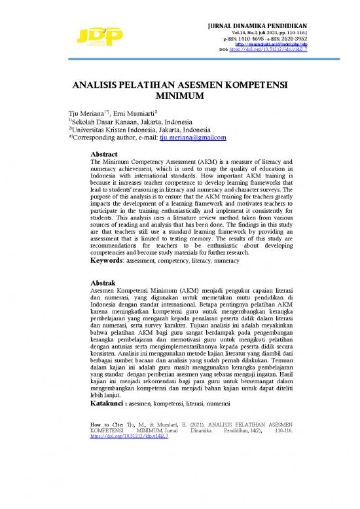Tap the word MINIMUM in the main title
[179, 98]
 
